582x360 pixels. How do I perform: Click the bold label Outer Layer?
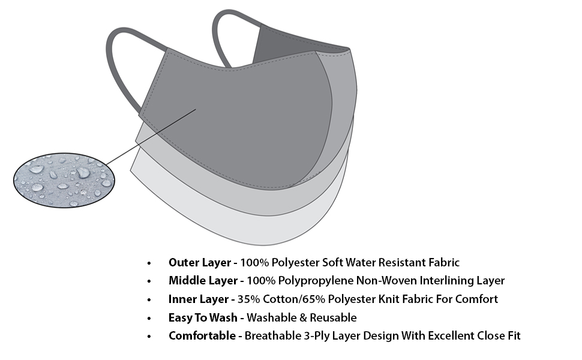(x=199, y=262)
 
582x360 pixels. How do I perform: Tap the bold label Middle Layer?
(x=203, y=280)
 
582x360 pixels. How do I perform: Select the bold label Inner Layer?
(x=199, y=299)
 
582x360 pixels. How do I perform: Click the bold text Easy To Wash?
(x=204, y=317)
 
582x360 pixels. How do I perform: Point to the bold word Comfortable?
(x=202, y=335)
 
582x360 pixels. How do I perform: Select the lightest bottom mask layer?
(x=240, y=228)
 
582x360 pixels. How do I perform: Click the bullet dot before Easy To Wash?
(x=149, y=318)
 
